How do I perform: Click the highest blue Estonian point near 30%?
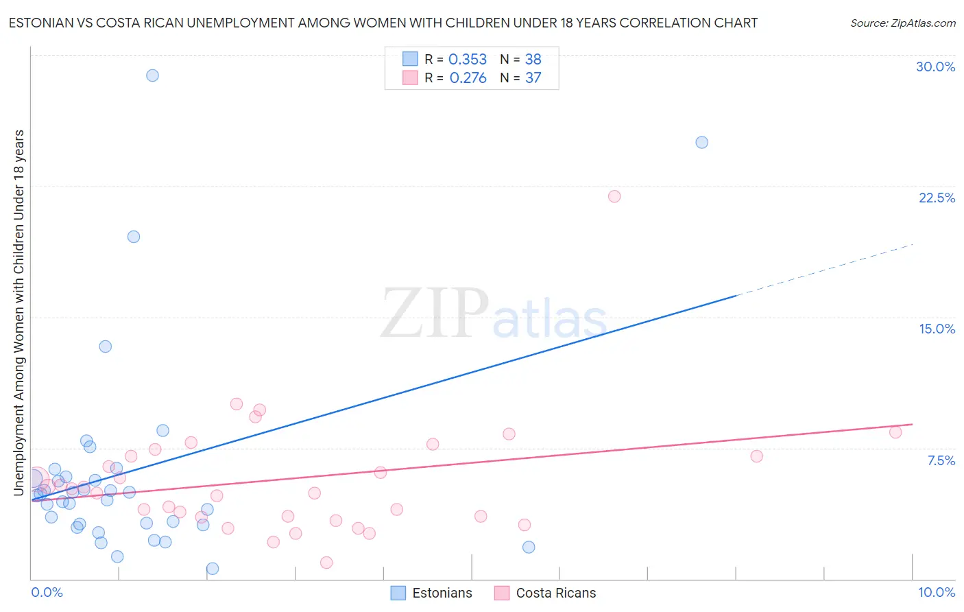pos(152,75)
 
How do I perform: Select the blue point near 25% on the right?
pos(701,143)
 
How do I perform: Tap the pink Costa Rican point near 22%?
pos(614,197)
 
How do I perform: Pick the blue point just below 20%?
pos(134,237)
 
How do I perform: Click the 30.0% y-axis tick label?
pos(935,67)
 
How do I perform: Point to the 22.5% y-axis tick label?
pos(937,198)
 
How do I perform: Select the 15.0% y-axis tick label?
pos(937,329)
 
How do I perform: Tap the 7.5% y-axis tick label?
pos(941,461)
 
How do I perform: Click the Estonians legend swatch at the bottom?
pos(398,593)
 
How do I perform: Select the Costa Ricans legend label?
pos(555,593)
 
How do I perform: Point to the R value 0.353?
pos(468,60)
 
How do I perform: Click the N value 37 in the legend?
pos(533,78)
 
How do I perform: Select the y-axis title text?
pos(19,312)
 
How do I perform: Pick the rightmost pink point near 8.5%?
pos(895,432)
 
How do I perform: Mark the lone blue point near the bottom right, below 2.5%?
pos(529,547)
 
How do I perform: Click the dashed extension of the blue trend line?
pos(823,269)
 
